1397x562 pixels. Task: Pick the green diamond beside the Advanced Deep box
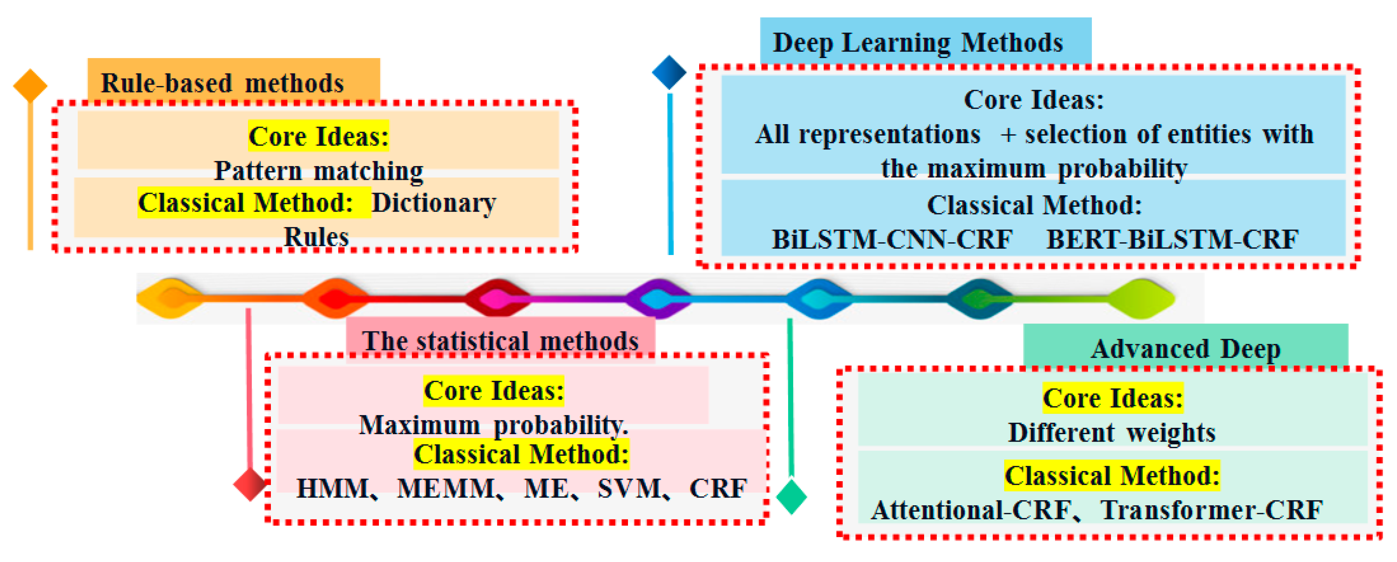791,496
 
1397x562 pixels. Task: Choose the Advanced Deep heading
1186,349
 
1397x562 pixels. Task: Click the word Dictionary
433,203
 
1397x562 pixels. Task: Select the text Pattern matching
319,171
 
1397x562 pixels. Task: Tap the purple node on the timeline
658,299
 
